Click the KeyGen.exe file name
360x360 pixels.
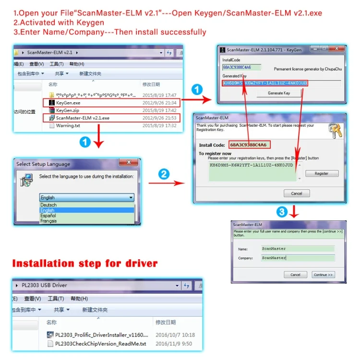click(68, 103)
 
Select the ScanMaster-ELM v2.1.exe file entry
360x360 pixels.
click(83, 118)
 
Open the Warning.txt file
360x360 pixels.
click(68, 125)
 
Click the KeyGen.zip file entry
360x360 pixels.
click(67, 110)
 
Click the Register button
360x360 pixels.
click(322, 173)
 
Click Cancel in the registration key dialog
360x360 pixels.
click(297, 193)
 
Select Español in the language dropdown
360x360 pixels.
click(48, 216)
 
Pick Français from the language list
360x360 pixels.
click(48, 221)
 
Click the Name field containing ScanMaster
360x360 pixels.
click(298, 249)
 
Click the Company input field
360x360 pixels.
click(298, 258)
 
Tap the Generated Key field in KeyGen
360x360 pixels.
click(264, 83)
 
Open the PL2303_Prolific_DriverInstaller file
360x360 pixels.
click(102, 335)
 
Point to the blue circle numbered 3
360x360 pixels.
click(283, 212)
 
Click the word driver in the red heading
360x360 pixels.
click(139, 263)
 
